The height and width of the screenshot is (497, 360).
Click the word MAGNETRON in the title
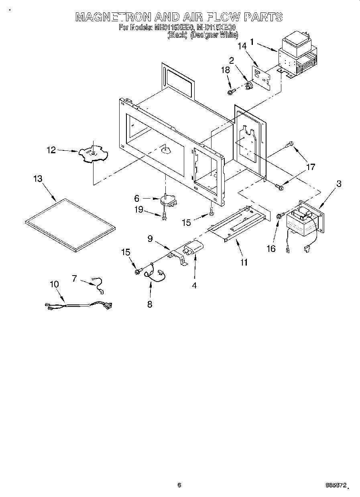click(114, 17)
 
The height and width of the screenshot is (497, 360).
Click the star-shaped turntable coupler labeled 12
click(93, 153)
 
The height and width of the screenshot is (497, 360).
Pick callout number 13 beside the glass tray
click(38, 179)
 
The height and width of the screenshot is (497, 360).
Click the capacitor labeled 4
click(193, 251)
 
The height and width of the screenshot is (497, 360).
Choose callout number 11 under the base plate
click(244, 262)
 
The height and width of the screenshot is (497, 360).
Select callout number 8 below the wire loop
click(149, 304)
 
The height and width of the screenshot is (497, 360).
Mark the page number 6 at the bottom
click(179, 485)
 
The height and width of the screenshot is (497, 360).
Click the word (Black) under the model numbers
click(177, 35)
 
